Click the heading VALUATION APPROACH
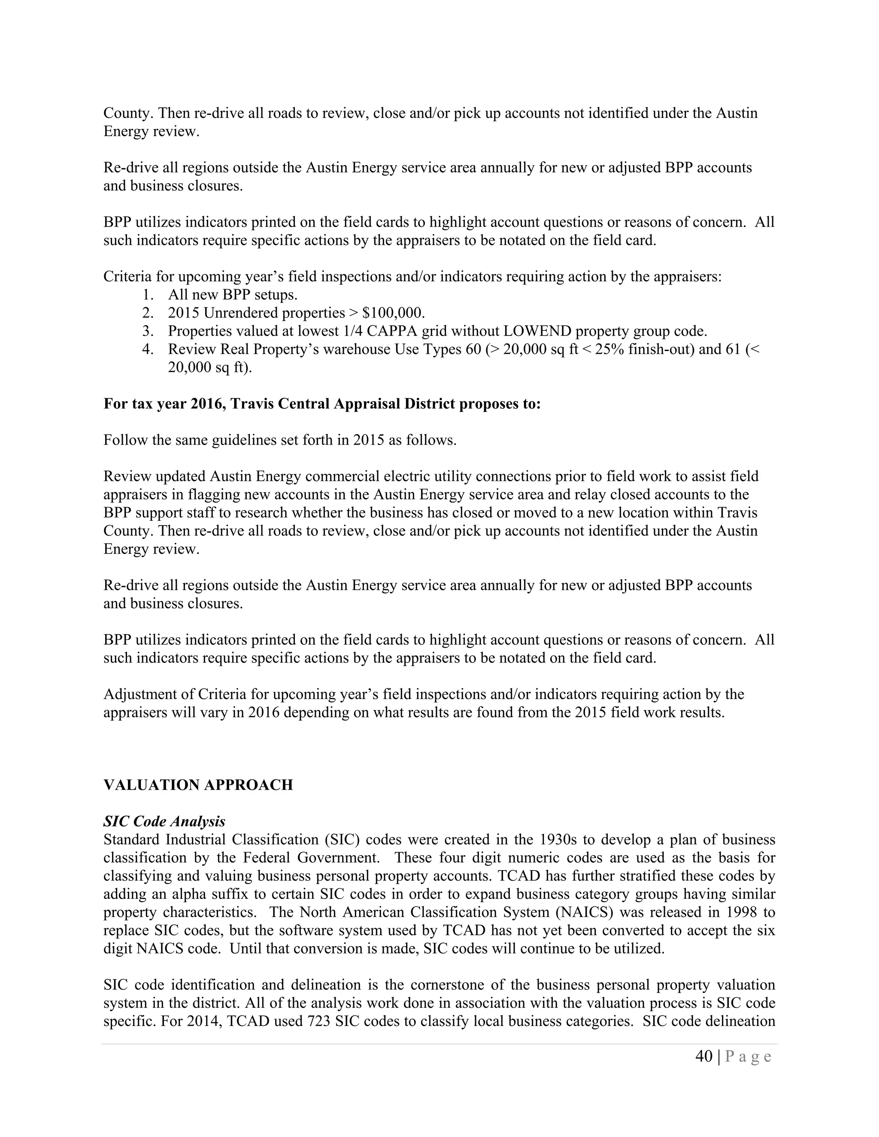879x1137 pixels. click(198, 785)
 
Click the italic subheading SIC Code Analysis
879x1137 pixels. click(164, 822)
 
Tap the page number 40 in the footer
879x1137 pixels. click(704, 1056)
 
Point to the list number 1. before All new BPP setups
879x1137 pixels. click(148, 295)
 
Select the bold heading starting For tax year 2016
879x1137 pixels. click(322, 404)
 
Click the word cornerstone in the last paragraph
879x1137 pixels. click(450, 985)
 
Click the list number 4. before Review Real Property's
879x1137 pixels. click(148, 349)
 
